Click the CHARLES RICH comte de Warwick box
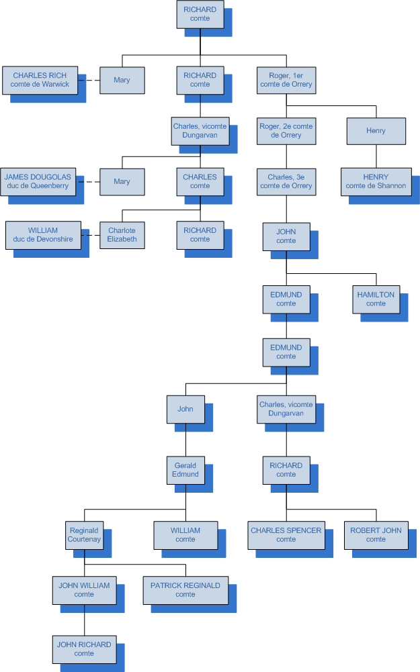click(40, 80)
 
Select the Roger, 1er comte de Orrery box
click(286, 80)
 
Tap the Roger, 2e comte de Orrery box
click(286, 130)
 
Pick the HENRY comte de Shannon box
click(376, 181)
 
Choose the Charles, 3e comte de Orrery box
click(286, 181)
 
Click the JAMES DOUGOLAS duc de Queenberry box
click(37, 181)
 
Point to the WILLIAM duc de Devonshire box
click(43, 234)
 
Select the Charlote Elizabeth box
click(122, 235)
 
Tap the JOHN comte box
click(286, 236)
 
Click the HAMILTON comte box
click(376, 299)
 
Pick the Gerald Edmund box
click(185, 470)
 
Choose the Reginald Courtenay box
click(84, 535)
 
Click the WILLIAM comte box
click(185, 535)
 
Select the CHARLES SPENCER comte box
click(286, 535)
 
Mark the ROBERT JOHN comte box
click(376, 535)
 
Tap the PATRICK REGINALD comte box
click(185, 590)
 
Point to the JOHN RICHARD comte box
click(84, 649)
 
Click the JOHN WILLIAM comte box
click(84, 590)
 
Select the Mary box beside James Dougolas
click(122, 181)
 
